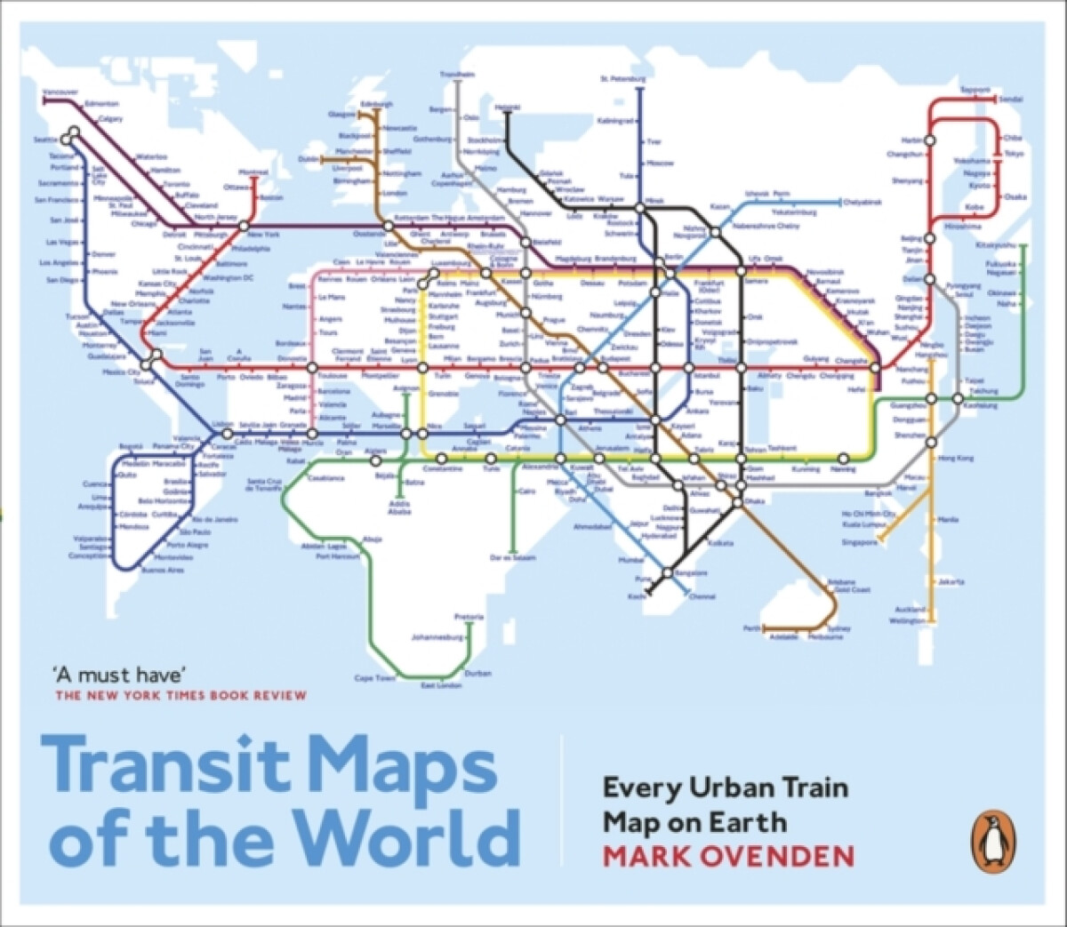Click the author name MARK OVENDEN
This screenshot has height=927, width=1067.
click(728, 856)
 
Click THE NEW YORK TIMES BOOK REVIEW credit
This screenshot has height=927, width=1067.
click(181, 696)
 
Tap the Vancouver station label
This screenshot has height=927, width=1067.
click(60, 92)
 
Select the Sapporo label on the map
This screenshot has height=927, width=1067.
click(975, 90)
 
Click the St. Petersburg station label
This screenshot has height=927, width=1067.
click(622, 79)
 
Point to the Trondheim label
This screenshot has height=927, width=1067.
click(458, 75)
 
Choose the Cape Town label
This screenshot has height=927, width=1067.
click(374, 678)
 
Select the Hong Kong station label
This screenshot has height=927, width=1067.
click(955, 458)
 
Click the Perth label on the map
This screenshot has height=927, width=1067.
click(752, 628)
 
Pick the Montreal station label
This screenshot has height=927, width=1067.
click(253, 172)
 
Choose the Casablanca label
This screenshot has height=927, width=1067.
click(325, 477)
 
